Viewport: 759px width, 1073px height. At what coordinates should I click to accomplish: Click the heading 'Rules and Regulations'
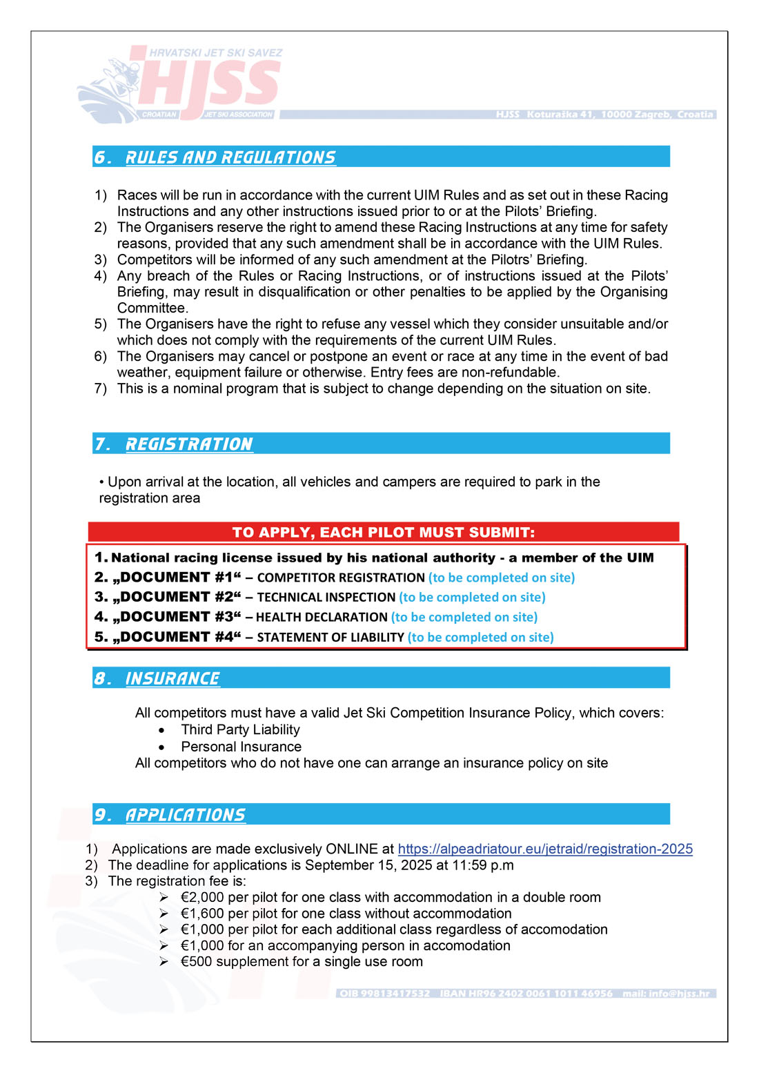(x=230, y=157)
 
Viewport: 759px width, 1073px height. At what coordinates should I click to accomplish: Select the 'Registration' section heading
(x=189, y=444)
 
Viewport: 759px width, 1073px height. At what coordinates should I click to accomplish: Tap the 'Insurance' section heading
(x=172, y=678)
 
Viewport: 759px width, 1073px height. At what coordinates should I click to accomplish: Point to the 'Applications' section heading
(x=185, y=815)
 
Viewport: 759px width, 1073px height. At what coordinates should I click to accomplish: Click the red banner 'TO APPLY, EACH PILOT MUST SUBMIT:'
(x=383, y=532)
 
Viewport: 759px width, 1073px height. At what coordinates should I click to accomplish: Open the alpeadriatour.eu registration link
(x=545, y=849)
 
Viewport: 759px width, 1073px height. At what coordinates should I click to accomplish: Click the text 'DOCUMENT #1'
(x=177, y=578)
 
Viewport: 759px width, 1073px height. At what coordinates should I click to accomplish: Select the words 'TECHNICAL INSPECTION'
(x=326, y=598)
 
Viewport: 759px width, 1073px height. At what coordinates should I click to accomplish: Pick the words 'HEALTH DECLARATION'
(x=322, y=618)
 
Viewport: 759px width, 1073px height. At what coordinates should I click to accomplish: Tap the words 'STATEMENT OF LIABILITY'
(x=330, y=638)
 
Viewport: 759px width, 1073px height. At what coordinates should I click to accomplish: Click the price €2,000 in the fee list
(x=202, y=897)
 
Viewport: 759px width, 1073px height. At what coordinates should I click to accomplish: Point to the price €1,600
(x=202, y=914)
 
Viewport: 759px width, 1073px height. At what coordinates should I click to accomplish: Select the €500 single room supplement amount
(x=196, y=962)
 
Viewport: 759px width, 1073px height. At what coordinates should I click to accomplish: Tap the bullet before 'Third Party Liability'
(x=161, y=730)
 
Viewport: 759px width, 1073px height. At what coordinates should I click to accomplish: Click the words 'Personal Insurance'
(x=241, y=747)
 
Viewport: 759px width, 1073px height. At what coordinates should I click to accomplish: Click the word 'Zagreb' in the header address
(x=650, y=115)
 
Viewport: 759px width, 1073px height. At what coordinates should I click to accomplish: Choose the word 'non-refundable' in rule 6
(x=511, y=373)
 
